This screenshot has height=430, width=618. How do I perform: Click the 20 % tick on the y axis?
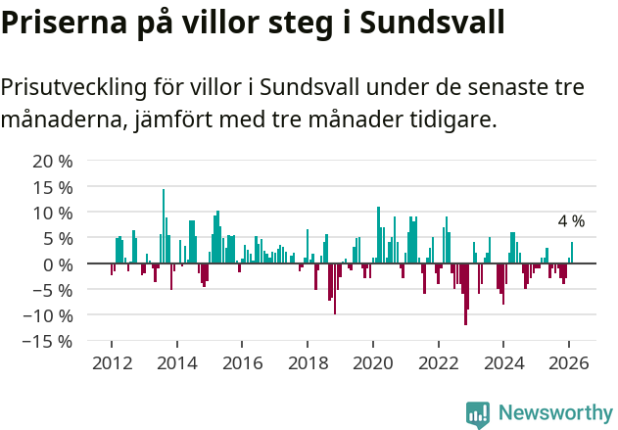point(52,161)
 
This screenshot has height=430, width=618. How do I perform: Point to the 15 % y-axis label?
point(52,187)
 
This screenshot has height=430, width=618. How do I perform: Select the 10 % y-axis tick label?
point(52,213)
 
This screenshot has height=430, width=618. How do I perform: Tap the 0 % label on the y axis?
point(57,264)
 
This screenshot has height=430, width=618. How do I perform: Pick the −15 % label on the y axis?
point(47,342)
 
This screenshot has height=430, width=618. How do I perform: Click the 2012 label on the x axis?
point(111,362)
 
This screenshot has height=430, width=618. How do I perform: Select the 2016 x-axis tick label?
point(242,362)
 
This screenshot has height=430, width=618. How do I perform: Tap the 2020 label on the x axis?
point(372,362)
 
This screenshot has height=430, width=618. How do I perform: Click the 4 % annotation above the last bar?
point(571,221)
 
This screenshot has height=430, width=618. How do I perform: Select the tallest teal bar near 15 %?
point(164,225)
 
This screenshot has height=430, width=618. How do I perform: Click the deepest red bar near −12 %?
point(465,294)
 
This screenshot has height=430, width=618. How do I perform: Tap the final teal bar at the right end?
point(572,253)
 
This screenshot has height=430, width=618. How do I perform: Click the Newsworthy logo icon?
point(478,413)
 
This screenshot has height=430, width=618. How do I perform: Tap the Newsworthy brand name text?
point(554,413)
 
